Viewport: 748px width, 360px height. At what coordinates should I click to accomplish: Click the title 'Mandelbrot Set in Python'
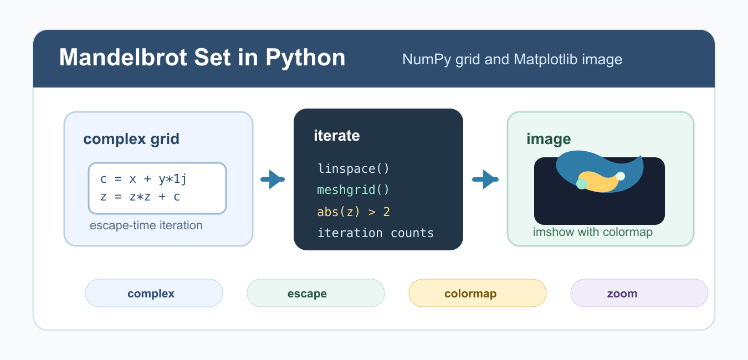pyautogui.click(x=202, y=58)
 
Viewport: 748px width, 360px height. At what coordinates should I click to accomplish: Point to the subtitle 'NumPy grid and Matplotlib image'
pyautogui.click(x=513, y=59)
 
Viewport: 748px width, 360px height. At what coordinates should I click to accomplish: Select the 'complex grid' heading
pyautogui.click(x=131, y=139)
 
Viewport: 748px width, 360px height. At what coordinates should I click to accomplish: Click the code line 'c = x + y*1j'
pyautogui.click(x=144, y=179)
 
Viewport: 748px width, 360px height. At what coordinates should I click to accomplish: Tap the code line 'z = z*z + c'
pyautogui.click(x=140, y=197)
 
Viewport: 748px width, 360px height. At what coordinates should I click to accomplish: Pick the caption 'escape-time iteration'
pyautogui.click(x=146, y=225)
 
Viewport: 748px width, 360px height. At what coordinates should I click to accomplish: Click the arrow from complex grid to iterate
pyautogui.click(x=273, y=179)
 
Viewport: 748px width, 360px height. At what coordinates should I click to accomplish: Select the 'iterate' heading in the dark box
pyautogui.click(x=337, y=136)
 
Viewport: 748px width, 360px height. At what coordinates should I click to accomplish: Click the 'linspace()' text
pyautogui.click(x=353, y=168)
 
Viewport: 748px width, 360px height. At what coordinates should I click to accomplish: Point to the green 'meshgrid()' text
pyautogui.click(x=353, y=190)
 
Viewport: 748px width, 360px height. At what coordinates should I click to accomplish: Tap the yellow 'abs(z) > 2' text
pyautogui.click(x=353, y=212)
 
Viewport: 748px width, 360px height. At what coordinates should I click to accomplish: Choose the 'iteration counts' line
pyautogui.click(x=375, y=233)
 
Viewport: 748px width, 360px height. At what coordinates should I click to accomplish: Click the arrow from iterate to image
pyautogui.click(x=485, y=179)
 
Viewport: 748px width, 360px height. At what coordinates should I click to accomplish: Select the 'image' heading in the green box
pyautogui.click(x=549, y=139)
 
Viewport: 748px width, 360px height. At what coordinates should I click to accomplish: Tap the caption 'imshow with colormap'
pyautogui.click(x=593, y=232)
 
